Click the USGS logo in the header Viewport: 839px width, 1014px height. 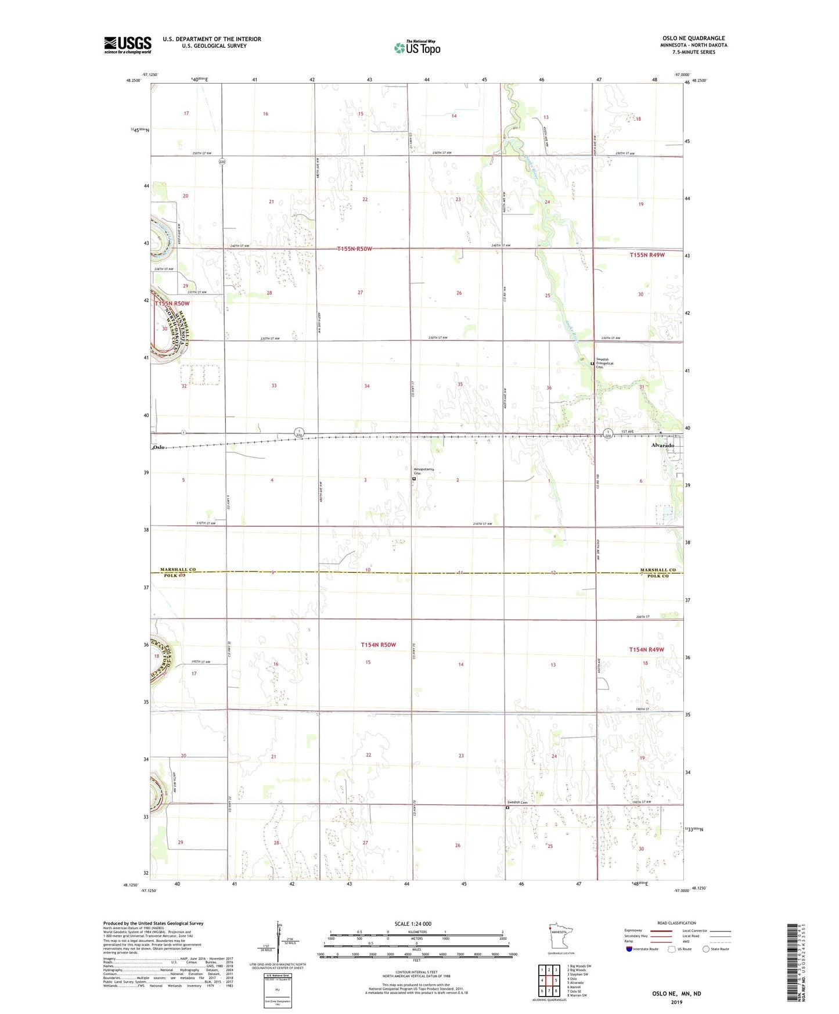128,45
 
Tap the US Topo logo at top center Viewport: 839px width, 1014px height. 417,48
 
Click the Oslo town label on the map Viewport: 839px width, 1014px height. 159,447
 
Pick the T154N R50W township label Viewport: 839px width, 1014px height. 378,645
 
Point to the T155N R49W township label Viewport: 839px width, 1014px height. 647,255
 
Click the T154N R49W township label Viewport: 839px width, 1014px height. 646,649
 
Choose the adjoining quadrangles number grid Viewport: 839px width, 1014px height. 549,981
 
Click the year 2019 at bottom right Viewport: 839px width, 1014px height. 676,1002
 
